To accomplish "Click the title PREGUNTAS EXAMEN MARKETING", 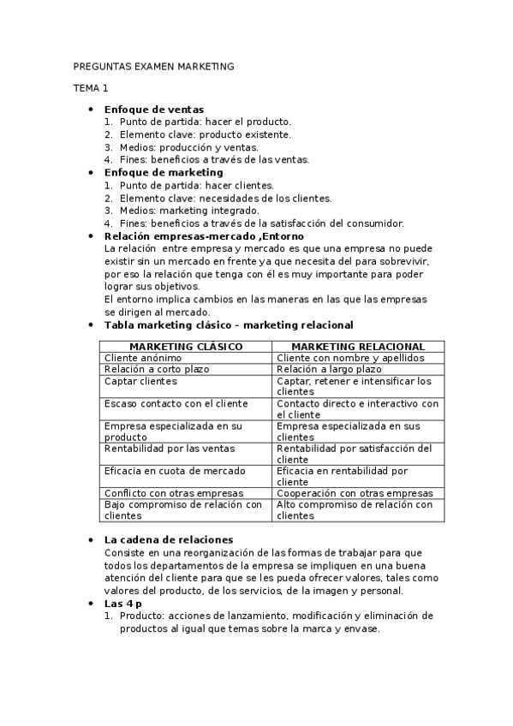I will pyautogui.click(x=153, y=66).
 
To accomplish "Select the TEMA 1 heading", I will pyautogui.click(x=90, y=88).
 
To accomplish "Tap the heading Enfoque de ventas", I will pyautogui.click(x=153, y=110).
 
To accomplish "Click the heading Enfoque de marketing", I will pyautogui.click(x=163, y=172).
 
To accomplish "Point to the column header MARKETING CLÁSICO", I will pyautogui.click(x=186, y=346).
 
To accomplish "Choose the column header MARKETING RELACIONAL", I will pyautogui.click(x=359, y=346).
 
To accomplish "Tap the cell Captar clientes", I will pyautogui.click(x=140, y=381).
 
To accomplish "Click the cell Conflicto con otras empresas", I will pyautogui.click(x=173, y=493).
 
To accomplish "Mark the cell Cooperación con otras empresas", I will pyautogui.click(x=355, y=493).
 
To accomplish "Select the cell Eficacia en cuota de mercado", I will pyautogui.click(x=174, y=471).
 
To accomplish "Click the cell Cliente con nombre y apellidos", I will pyautogui.click(x=348, y=357).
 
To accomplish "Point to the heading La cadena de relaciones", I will pyautogui.click(x=168, y=539).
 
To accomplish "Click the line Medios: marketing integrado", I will pyautogui.click(x=189, y=211).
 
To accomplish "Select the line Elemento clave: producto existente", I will pyautogui.click(x=205, y=134).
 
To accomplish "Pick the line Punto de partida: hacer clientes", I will pyautogui.click(x=196, y=185).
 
